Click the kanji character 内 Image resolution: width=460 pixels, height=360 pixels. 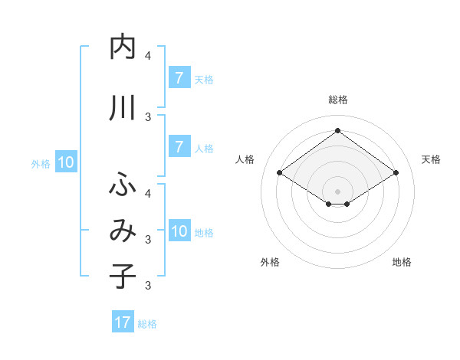tap(123, 47)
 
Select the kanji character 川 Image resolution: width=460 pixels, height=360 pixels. tap(123, 109)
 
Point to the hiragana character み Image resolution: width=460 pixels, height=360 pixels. tap(123, 231)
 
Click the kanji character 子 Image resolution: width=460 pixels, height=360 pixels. tap(123, 275)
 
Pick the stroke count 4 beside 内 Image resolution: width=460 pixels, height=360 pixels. tap(147, 55)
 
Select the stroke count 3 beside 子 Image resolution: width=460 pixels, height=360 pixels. tap(147, 286)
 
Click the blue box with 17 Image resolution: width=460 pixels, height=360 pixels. tap(123, 322)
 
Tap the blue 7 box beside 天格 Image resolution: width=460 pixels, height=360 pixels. tap(179, 78)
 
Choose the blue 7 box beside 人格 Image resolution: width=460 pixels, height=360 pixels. tap(179, 147)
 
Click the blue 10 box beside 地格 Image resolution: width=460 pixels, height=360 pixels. tap(179, 231)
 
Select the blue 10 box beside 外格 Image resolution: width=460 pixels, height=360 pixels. tap(66, 162)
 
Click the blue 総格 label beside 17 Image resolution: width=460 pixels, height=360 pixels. tap(147, 324)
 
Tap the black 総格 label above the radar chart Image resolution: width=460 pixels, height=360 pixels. tap(337, 100)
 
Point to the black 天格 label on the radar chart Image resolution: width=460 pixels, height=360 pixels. tap(431, 159)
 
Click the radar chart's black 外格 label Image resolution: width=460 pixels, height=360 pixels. tap(270, 262)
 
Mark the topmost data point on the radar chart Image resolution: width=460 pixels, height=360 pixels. tap(337, 130)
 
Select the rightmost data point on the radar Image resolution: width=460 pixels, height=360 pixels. tap(396, 173)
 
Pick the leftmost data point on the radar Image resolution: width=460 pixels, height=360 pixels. tap(280, 173)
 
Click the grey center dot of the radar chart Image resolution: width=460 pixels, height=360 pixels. tap(337, 191)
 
